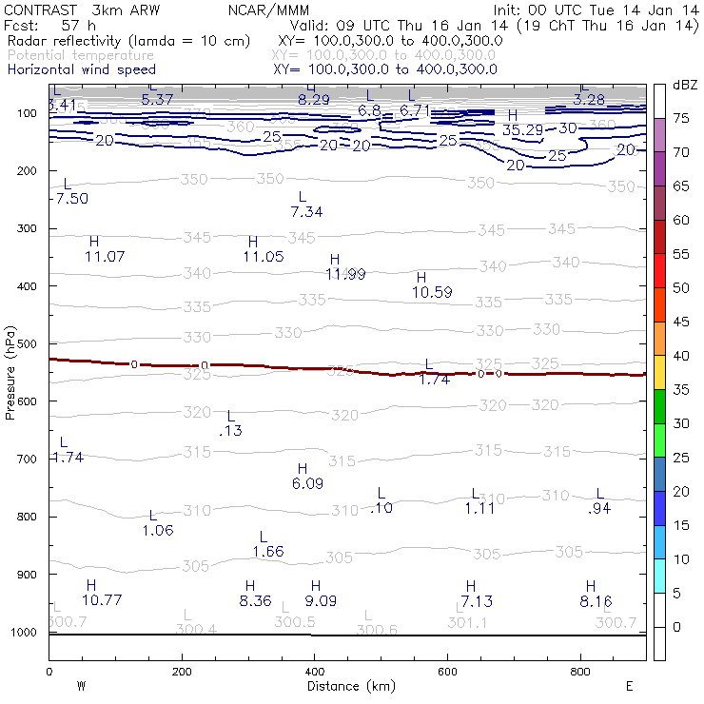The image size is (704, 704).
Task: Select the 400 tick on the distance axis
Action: [314, 671]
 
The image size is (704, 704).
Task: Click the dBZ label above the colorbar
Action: [684, 85]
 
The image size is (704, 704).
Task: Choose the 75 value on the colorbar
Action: [680, 118]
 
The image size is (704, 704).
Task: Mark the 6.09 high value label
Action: [307, 483]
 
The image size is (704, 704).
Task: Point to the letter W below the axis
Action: [81, 686]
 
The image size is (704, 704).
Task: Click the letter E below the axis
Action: [628, 686]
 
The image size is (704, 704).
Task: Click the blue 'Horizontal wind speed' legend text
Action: [81, 69]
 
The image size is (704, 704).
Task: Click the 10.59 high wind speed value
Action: [432, 292]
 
